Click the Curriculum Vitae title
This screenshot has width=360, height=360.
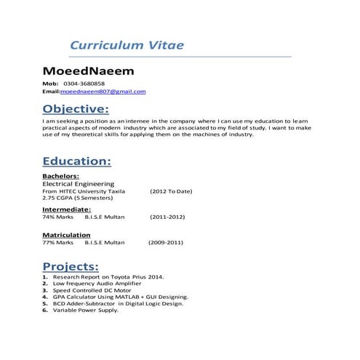click(127, 45)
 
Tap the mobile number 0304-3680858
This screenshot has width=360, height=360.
click(84, 84)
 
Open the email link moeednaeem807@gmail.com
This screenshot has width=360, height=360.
click(103, 92)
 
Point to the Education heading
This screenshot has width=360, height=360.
click(76, 161)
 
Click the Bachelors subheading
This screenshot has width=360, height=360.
click(61, 176)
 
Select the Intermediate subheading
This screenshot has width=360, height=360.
click(66, 209)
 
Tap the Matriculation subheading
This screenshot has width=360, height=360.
click(66, 235)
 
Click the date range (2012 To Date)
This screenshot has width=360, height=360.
click(171, 191)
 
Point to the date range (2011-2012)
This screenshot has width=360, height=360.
click(167, 217)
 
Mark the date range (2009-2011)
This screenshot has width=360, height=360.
click(166, 243)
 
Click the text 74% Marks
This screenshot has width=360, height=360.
click(58, 217)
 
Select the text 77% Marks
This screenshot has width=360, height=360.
click(58, 243)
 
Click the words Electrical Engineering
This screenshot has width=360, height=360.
click(79, 184)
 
